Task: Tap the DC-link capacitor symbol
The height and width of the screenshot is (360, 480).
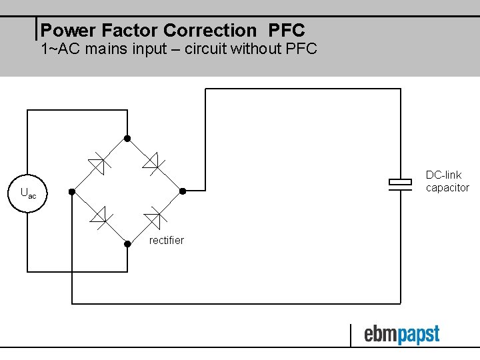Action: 400,185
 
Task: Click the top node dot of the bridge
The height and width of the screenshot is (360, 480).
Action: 127,139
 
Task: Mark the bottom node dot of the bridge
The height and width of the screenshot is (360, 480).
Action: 127,243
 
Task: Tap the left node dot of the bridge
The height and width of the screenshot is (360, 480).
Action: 72,192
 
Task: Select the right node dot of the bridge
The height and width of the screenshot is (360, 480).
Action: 183,191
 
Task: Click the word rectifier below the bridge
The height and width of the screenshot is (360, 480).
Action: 166,240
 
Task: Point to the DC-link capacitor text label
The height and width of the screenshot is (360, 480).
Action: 447,181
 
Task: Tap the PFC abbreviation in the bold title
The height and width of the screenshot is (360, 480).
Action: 287,31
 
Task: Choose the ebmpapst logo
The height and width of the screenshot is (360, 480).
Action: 401,334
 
